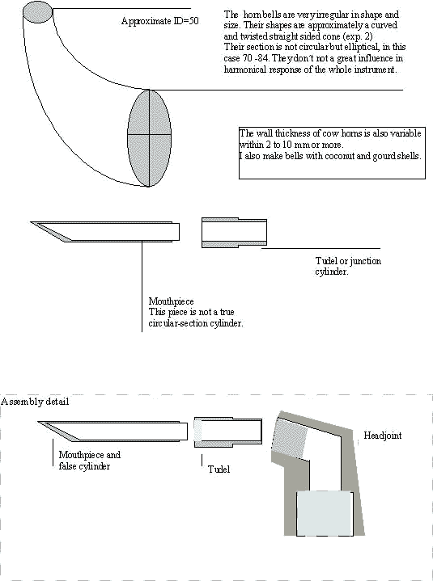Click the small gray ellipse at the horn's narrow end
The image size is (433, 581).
click(x=37, y=12)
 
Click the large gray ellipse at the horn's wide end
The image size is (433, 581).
click(x=149, y=138)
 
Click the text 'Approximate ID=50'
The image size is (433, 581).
click(x=160, y=21)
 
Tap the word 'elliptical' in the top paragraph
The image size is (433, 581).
click(x=362, y=47)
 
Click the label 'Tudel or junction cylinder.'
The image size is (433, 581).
click(x=348, y=266)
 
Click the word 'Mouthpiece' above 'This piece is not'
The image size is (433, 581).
click(x=171, y=301)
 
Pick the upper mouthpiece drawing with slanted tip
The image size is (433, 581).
click(x=105, y=232)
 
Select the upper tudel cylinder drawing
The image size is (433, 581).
click(x=234, y=233)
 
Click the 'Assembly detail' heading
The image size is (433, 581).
click(x=35, y=402)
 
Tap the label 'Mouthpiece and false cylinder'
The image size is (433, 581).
click(x=89, y=461)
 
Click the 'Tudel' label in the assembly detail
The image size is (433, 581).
click(x=219, y=469)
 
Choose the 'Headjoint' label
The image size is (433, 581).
click(x=382, y=435)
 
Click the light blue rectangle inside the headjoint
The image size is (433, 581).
click(x=325, y=513)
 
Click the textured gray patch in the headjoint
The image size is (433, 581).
click(x=290, y=437)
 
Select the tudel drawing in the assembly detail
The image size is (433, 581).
click(x=228, y=432)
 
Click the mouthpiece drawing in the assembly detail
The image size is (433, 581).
click(x=112, y=431)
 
